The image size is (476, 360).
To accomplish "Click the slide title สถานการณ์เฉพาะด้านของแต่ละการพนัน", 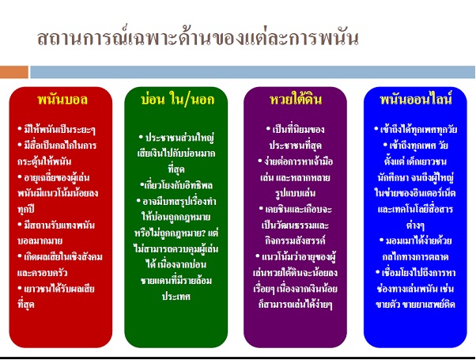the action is tap(198, 38).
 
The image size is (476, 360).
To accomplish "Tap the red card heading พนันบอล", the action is tap(62, 100).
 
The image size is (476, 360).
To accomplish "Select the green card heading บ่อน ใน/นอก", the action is tap(178, 100).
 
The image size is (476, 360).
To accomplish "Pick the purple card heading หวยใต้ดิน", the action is tap(296, 99).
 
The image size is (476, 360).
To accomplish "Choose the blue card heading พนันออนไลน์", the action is tap(416, 99).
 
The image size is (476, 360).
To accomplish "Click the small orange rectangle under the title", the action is tap(14, 72).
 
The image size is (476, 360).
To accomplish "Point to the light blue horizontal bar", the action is tap(252, 72).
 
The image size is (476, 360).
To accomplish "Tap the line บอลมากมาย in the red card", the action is tap(40, 241).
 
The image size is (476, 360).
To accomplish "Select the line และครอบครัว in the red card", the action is tap(42, 272).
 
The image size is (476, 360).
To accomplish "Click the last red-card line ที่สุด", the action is tap(26, 304).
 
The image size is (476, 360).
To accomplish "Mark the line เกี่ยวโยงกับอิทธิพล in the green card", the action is tap(176, 185).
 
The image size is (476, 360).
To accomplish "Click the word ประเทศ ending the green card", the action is tap(176, 296).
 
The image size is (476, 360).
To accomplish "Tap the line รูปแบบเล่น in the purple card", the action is tap(295, 193).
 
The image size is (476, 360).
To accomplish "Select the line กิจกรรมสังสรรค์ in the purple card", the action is tap(295, 241).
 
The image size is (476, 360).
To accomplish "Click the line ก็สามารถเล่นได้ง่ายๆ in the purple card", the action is tap(295, 304).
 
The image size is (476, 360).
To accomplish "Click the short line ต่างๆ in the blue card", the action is tap(415, 225).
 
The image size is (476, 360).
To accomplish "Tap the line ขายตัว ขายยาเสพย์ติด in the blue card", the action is tap(415, 304).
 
